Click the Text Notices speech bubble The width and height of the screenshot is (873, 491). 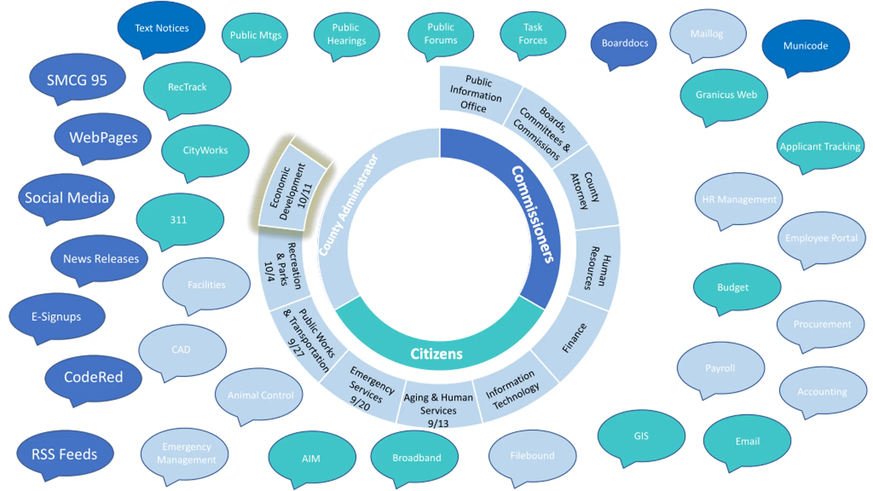coord(161,28)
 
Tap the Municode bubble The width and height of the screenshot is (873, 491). coord(806,46)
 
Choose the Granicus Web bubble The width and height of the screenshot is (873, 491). coord(724,95)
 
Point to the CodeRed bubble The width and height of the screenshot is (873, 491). coord(93,377)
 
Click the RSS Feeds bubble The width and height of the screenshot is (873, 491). coord(65,453)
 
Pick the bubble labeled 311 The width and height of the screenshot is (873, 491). coord(180,219)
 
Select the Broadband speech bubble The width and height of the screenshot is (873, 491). coord(415,457)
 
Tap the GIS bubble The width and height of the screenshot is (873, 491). coord(641,436)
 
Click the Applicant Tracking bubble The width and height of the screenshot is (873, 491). coord(820,147)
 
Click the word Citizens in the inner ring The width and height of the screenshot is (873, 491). coord(436,354)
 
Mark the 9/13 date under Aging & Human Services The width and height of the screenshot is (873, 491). coord(438,423)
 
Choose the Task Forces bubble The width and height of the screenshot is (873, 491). coord(533,34)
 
